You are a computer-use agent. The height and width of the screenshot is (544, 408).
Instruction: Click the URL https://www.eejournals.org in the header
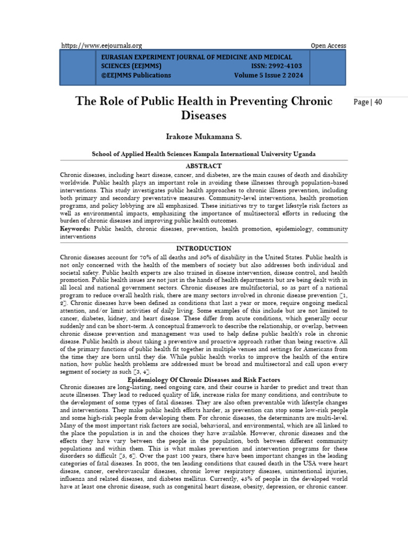(101, 46)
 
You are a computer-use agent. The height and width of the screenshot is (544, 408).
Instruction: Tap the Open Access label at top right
(328, 46)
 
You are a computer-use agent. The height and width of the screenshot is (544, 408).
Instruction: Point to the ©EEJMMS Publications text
(136, 75)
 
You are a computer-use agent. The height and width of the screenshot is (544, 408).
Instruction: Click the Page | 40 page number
(368, 102)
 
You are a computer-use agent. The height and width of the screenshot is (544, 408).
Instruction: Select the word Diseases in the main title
(204, 115)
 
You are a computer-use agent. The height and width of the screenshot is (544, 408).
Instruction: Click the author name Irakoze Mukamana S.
(204, 137)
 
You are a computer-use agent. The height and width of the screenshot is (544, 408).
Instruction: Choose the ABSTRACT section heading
(204, 166)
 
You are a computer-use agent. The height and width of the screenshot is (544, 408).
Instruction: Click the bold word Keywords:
(75, 229)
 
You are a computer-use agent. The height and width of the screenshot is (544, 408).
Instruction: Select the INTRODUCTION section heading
(204, 248)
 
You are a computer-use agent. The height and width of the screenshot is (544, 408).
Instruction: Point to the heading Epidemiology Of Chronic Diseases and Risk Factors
(204, 380)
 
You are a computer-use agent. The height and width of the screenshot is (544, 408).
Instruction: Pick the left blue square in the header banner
(78, 66)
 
